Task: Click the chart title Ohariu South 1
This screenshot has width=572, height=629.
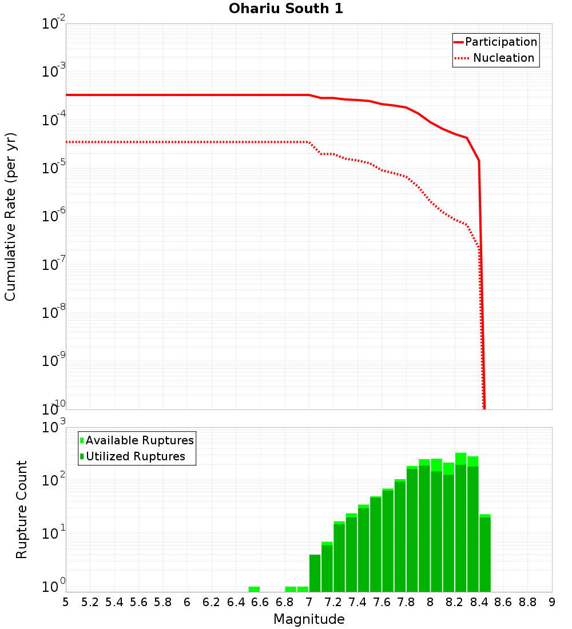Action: pyautogui.click(x=286, y=9)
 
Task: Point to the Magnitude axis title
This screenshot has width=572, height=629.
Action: pyautogui.click(x=309, y=619)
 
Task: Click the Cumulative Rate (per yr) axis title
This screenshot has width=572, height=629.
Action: pyautogui.click(x=11, y=216)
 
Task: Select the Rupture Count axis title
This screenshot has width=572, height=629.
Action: pyautogui.click(x=22, y=509)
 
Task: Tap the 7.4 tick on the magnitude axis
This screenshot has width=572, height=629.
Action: pyautogui.click(x=357, y=602)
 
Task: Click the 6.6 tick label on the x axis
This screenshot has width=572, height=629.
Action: pyautogui.click(x=260, y=602)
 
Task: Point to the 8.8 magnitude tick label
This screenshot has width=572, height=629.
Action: pyautogui.click(x=527, y=602)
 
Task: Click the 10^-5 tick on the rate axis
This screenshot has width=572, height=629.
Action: pyautogui.click(x=52, y=169)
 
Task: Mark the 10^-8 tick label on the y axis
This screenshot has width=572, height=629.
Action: pyautogui.click(x=52, y=313)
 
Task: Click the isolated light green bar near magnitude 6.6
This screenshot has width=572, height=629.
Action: pyautogui.click(x=254, y=589)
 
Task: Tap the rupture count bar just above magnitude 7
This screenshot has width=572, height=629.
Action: pyautogui.click(x=315, y=573)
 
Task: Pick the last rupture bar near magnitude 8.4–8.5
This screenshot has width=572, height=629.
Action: pyautogui.click(x=485, y=554)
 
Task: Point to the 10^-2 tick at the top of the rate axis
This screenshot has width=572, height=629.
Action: pyautogui.click(x=52, y=25)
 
